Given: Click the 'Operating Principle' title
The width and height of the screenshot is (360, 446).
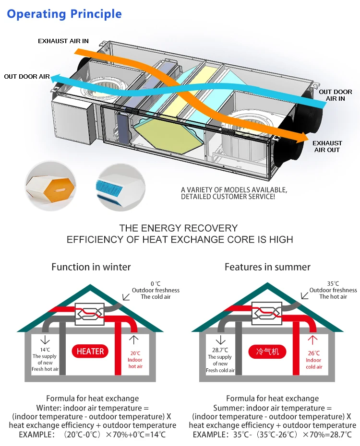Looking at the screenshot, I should [64, 14].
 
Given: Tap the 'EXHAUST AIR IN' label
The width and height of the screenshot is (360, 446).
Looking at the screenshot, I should [63, 41].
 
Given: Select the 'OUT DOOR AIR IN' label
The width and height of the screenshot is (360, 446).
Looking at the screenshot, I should [336, 95].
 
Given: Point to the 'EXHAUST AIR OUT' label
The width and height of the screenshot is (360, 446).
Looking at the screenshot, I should [327, 146].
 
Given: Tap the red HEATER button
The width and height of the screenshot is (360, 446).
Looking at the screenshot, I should [90, 352].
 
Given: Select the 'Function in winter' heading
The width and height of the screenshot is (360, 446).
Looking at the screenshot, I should [91, 267].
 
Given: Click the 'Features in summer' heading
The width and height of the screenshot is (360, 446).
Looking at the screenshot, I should [267, 267].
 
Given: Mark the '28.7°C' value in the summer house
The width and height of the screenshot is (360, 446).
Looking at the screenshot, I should [220, 350].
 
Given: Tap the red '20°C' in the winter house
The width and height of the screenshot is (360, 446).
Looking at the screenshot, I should [135, 353].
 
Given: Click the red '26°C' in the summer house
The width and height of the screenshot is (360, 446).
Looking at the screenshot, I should [313, 353].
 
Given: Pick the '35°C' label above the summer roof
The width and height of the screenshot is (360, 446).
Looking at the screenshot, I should [333, 283].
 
